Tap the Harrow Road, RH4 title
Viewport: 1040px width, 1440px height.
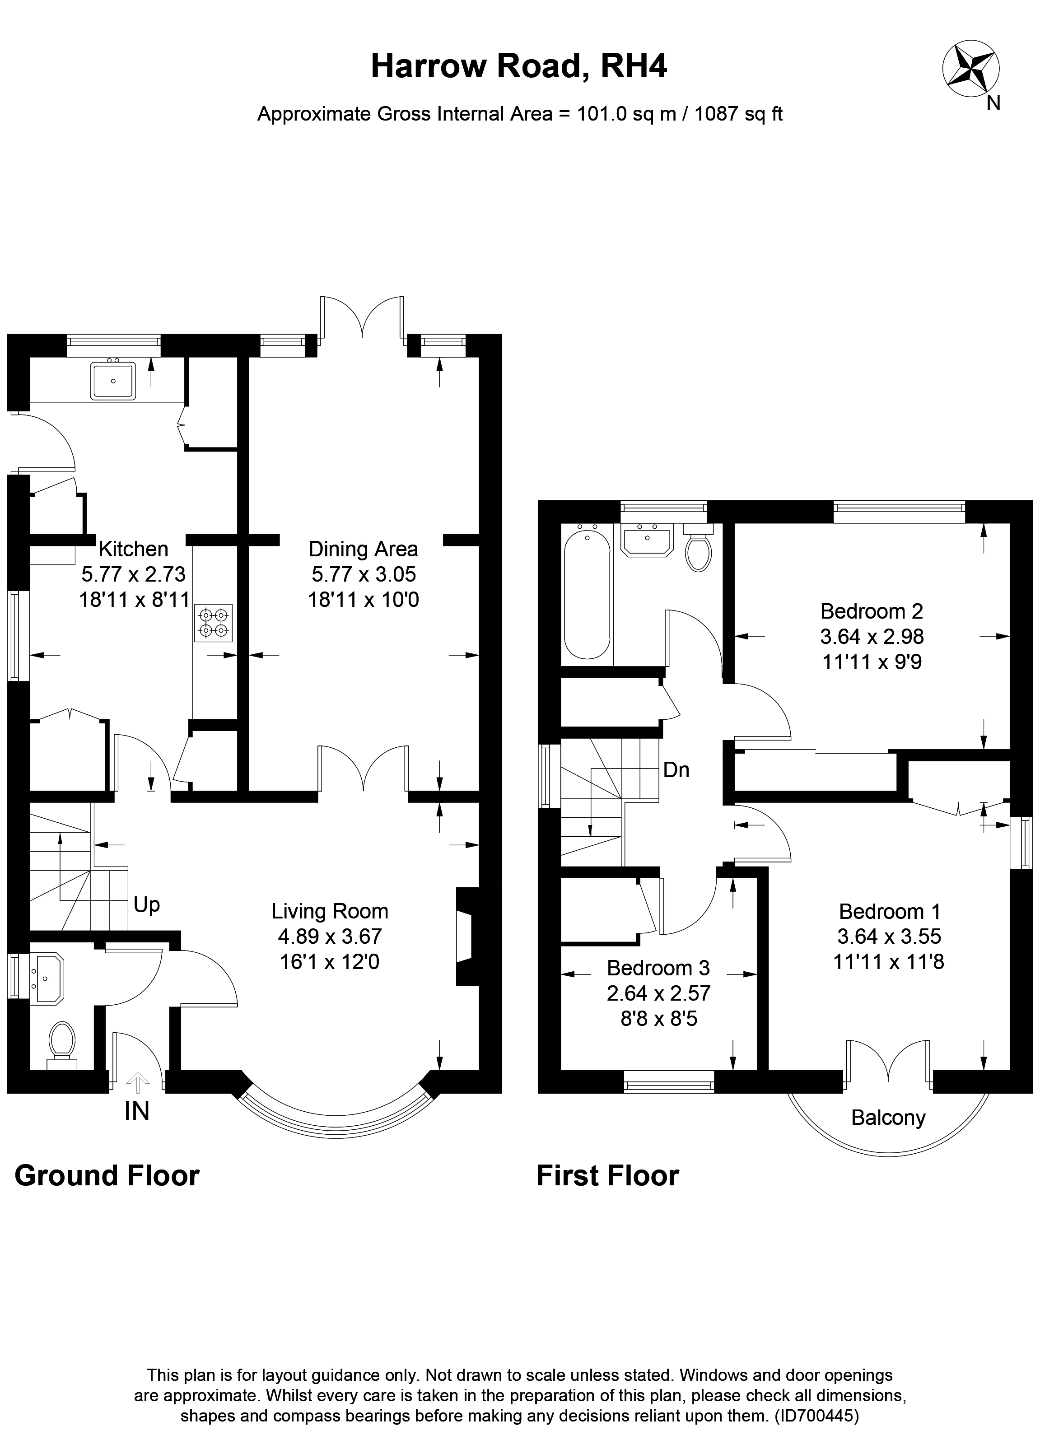519,66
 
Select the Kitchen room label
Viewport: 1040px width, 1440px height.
133,549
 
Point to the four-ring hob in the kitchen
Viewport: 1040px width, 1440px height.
213,623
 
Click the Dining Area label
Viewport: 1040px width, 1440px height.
363,549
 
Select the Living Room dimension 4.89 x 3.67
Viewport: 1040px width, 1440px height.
330,937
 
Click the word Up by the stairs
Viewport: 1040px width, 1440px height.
147,905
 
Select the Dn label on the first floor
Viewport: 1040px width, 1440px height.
676,770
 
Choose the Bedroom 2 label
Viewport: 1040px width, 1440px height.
871,611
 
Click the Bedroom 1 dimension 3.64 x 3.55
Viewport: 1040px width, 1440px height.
889,937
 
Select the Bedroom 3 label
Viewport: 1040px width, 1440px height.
658,968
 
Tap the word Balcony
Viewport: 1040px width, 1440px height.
888,1118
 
